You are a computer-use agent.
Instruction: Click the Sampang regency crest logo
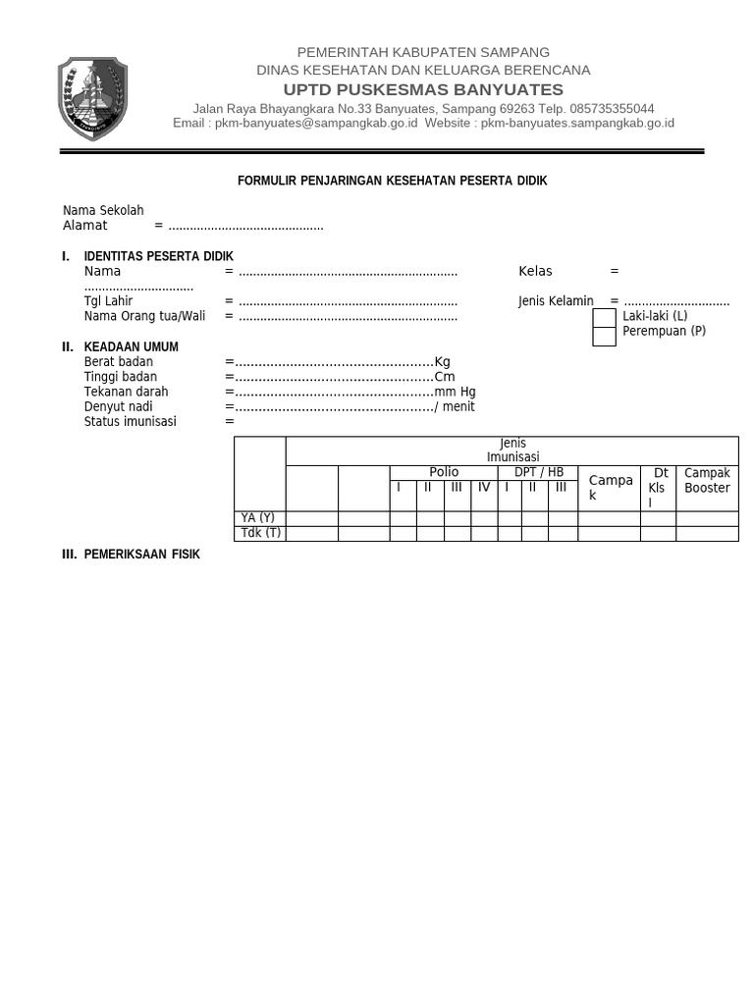click(92, 98)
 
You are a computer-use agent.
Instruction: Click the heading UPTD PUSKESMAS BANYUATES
click(423, 89)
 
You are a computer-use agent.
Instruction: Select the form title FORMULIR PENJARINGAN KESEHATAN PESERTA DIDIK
click(393, 182)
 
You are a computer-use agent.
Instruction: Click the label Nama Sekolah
click(103, 210)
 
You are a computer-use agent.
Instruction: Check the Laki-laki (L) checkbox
click(605, 317)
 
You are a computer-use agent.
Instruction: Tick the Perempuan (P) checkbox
click(605, 336)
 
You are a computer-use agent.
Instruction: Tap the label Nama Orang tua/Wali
click(144, 316)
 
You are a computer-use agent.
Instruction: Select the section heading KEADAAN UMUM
click(132, 347)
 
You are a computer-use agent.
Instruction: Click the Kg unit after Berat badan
click(442, 362)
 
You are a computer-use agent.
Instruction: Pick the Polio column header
click(444, 472)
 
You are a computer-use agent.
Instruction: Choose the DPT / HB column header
click(539, 472)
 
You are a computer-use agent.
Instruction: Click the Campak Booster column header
click(707, 480)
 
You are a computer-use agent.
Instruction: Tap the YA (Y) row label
click(258, 518)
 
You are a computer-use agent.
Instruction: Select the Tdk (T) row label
click(260, 533)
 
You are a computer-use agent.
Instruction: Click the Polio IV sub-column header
click(483, 487)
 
